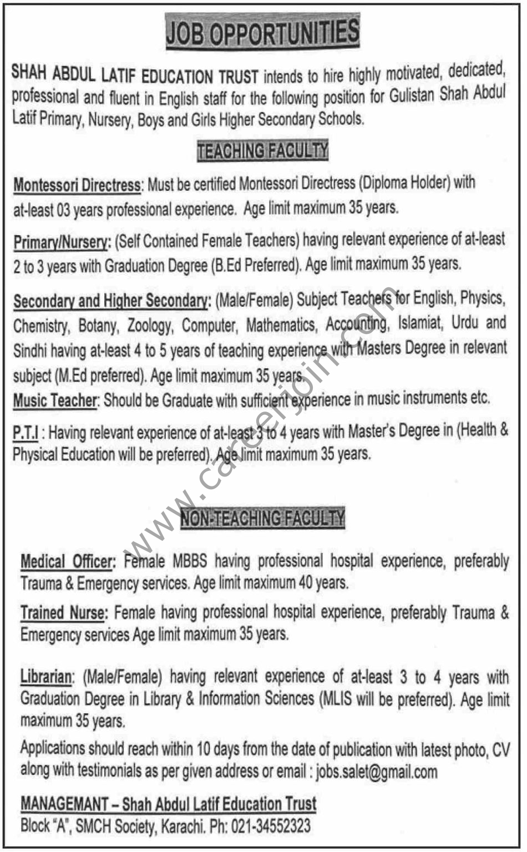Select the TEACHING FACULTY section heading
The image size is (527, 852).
coord(262,150)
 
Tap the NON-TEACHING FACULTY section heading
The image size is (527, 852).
coord(262,519)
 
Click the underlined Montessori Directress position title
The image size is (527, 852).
coord(77,185)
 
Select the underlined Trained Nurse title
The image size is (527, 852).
coord(63,613)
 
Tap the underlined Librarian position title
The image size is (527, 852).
coord(47,677)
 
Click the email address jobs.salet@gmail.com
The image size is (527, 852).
coord(377,772)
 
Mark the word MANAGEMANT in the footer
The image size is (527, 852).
coord(64,804)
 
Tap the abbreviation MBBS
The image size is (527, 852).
coord(189,561)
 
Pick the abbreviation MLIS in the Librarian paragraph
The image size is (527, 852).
coord(336,699)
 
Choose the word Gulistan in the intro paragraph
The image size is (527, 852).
coord(412,95)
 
